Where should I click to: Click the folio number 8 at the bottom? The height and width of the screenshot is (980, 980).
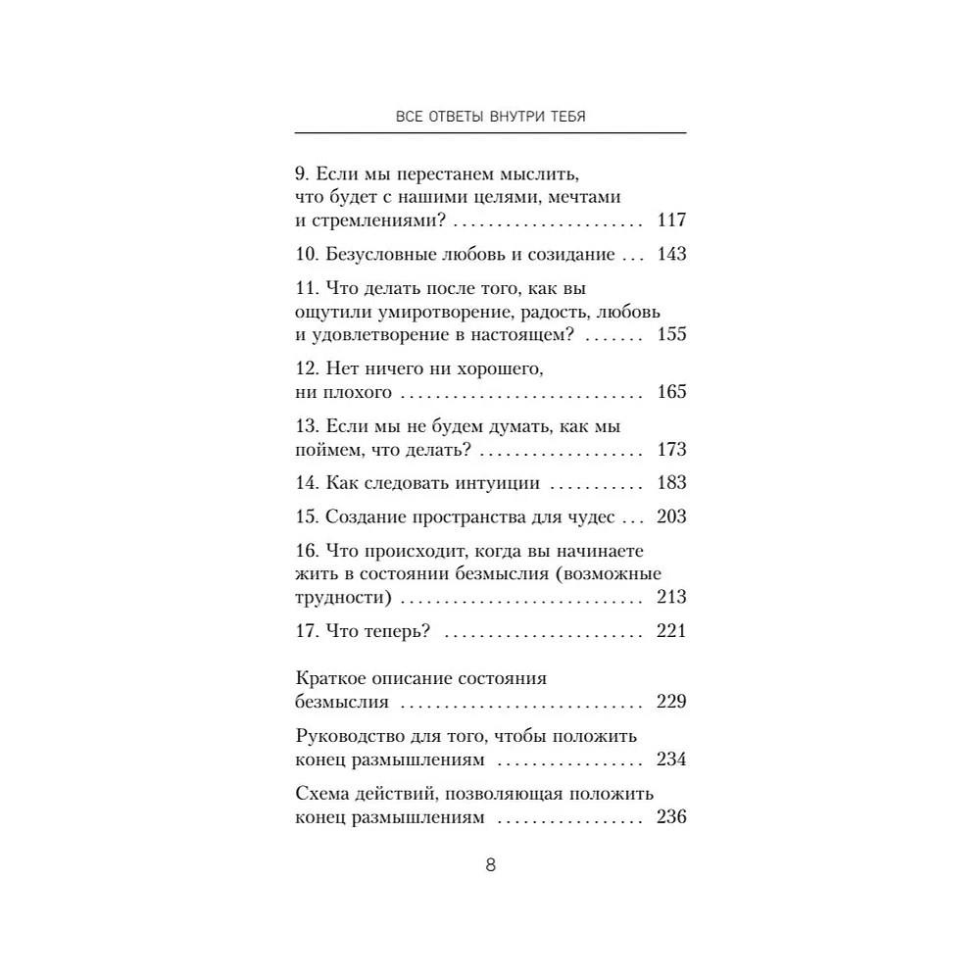tap(491, 865)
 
